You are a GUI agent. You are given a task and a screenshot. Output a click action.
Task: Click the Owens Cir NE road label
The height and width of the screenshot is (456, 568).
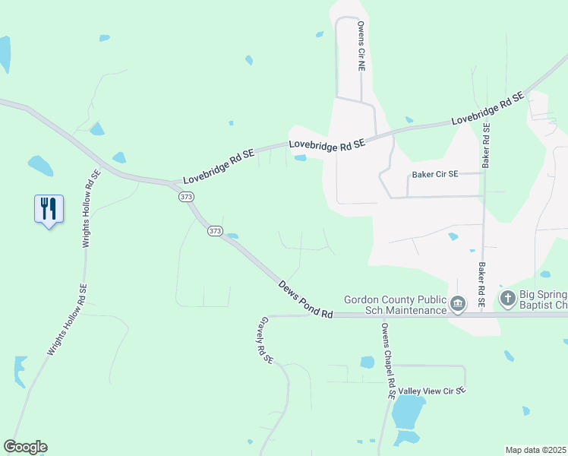click(x=362, y=46)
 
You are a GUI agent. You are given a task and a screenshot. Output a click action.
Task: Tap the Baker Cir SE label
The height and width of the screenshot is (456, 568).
click(x=435, y=174)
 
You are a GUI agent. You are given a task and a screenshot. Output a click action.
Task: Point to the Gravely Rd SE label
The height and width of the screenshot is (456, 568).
click(x=264, y=339)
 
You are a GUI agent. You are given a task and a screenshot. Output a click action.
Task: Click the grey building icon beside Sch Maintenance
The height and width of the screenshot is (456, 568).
click(x=458, y=305)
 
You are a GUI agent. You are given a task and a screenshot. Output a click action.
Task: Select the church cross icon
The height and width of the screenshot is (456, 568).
click(x=507, y=298)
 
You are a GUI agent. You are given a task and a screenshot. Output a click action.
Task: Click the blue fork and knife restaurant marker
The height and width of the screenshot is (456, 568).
click(x=49, y=208)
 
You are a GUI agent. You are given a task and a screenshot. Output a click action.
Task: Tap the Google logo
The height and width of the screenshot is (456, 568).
click(x=25, y=447)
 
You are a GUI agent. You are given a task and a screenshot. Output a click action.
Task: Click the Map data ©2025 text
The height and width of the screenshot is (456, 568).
click(x=535, y=450)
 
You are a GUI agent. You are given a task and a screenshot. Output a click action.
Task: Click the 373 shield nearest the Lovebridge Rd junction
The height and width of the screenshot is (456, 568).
click(x=187, y=197)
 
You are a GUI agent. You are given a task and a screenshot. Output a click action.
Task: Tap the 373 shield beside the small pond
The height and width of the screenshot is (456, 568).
click(x=215, y=230)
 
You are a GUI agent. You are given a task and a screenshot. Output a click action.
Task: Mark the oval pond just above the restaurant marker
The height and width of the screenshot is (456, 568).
click(x=39, y=165)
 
